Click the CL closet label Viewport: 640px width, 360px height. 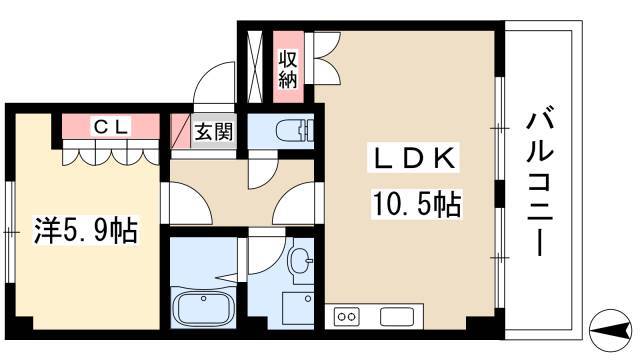[x=111, y=126]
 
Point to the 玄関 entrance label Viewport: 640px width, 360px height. [x=211, y=130]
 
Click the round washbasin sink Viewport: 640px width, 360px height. [x=299, y=262]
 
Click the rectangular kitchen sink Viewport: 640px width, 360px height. [x=397, y=317]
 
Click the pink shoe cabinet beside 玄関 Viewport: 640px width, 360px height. [x=180, y=131]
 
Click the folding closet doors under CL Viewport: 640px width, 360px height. [x=110, y=152]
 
